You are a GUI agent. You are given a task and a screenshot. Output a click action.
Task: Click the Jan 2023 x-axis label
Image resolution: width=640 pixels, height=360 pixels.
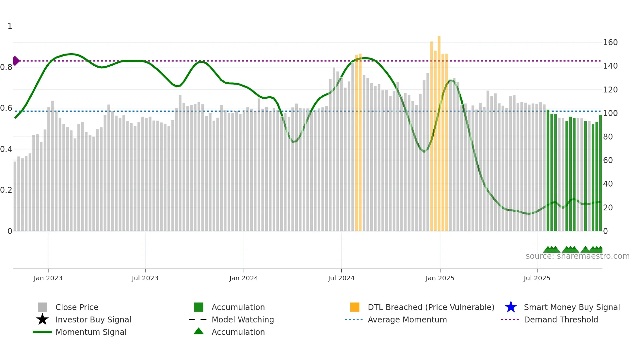(48, 278)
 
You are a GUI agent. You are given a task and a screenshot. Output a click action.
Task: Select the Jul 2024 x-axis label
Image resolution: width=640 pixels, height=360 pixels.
(341, 278)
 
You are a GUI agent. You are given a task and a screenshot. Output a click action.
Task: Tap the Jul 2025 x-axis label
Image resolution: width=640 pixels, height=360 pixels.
(537, 278)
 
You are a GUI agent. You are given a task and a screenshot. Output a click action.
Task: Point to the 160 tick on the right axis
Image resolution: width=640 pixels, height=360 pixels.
(610, 42)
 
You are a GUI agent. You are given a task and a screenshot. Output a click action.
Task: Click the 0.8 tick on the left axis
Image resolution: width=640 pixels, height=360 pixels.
(6, 67)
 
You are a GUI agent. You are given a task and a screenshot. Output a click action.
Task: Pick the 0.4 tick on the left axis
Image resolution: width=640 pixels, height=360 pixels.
(6, 149)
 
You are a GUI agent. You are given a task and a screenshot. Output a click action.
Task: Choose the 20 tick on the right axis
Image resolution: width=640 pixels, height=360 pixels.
(608, 208)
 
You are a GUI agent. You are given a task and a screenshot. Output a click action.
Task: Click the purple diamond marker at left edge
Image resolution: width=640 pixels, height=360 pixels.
(16, 61)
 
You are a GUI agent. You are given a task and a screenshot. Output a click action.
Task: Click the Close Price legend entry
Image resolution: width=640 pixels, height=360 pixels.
(77, 307)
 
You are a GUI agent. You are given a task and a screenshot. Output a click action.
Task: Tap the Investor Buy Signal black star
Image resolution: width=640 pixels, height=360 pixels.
(42, 319)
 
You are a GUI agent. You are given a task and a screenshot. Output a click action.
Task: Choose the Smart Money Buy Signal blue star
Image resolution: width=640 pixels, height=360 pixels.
(511, 307)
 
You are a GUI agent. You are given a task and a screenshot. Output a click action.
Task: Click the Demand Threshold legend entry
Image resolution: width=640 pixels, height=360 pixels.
(561, 319)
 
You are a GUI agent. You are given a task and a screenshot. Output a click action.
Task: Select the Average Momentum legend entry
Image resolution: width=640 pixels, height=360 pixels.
(407, 319)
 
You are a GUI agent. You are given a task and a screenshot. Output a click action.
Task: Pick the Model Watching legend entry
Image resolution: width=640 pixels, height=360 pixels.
(243, 319)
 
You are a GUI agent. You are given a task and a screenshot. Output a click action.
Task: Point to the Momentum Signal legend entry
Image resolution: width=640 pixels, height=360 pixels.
(91, 332)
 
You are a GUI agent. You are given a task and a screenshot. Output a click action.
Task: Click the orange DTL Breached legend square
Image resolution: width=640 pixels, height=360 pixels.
(355, 307)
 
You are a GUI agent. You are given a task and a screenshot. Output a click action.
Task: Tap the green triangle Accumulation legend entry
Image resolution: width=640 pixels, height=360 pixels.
(199, 332)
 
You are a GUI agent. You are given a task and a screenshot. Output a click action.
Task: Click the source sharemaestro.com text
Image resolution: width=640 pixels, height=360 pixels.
(577, 256)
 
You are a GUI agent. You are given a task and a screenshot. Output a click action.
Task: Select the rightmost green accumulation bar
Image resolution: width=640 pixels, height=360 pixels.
(600, 173)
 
